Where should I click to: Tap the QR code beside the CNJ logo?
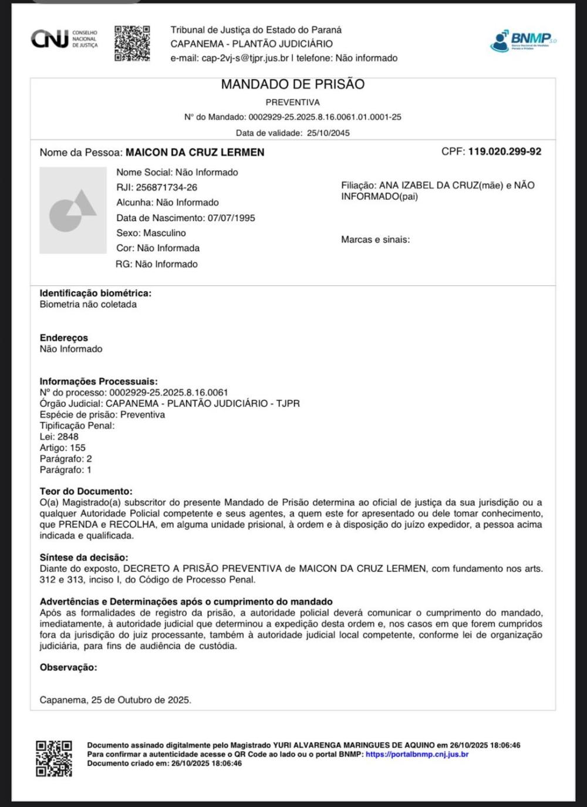[x=132, y=43]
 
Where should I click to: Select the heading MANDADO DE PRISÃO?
[x=292, y=85]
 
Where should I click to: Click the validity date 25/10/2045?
[x=328, y=133]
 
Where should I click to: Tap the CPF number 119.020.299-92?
[x=504, y=151]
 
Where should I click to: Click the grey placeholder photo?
[x=73, y=210]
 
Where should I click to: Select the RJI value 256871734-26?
[x=167, y=188]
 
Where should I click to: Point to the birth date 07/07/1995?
[x=231, y=218]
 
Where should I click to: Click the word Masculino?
[x=164, y=233]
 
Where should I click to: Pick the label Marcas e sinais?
[x=375, y=239]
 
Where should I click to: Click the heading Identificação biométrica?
[x=95, y=293]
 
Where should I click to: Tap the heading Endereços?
[x=63, y=338]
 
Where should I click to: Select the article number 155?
[x=77, y=448]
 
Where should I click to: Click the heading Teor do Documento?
[x=86, y=491]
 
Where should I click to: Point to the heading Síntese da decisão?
[x=83, y=558]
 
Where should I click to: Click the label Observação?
[x=68, y=667]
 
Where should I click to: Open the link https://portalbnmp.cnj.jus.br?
[x=417, y=754]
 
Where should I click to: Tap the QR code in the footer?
[x=54, y=758]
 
